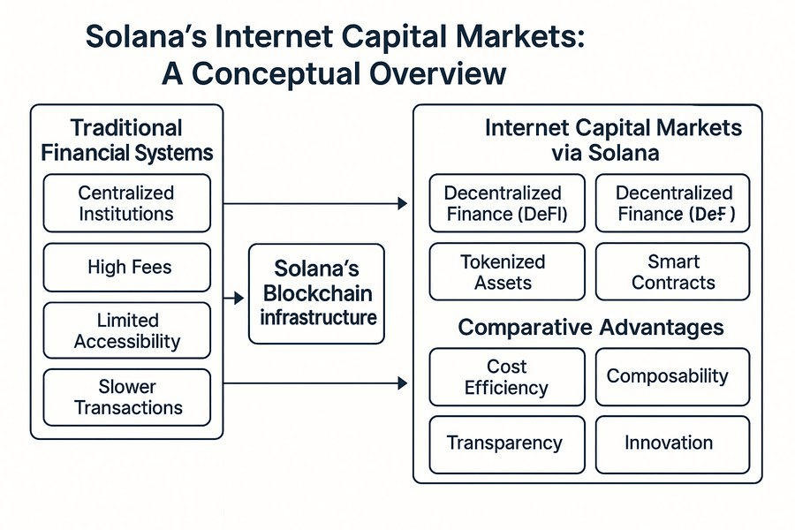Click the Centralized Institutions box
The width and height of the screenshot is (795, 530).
tap(126, 203)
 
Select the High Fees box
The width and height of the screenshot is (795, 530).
tap(126, 267)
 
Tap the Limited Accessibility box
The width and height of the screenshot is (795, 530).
tap(126, 331)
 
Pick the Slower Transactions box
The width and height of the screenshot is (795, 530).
tap(126, 397)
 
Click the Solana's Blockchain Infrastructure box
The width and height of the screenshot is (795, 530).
tap(317, 293)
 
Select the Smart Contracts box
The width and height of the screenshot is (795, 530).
tap(673, 272)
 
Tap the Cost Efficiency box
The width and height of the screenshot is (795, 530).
tap(506, 377)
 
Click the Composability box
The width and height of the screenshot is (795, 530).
tap(673, 376)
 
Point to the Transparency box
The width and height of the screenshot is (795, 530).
tap(506, 443)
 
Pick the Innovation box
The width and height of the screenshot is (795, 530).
tap(673, 443)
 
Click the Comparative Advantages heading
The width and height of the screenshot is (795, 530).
tap(590, 328)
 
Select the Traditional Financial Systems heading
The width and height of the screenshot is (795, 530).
tap(126, 140)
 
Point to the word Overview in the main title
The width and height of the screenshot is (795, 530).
tap(438, 73)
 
